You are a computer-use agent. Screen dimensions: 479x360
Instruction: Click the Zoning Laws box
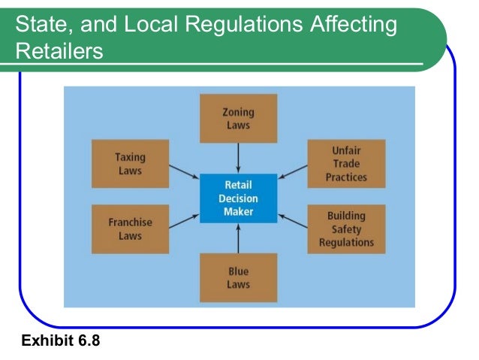coord(238,119)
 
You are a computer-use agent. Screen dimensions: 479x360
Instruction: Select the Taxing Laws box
coord(130,164)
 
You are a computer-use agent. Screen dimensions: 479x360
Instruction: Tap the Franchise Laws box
coord(130,228)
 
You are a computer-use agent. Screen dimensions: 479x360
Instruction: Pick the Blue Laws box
coord(238,277)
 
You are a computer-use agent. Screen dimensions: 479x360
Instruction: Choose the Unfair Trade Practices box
coord(346,164)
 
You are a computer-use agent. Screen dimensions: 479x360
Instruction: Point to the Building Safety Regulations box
coord(346,228)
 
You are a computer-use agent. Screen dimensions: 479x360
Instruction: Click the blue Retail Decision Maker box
coord(238,197)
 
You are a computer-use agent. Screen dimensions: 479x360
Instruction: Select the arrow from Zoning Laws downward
coord(238,157)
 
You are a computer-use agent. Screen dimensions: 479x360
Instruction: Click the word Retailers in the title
coord(59,53)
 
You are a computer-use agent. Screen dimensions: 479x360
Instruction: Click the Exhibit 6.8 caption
coord(61,341)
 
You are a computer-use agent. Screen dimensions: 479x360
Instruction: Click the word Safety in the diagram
coord(346,229)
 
